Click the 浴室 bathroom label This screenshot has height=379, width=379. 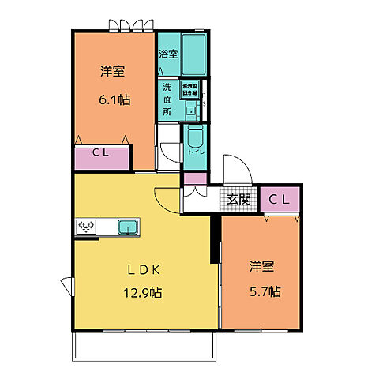(x=167, y=54)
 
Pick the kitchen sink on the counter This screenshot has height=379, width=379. (x=128, y=228)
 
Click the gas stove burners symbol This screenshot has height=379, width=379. (x=86, y=228)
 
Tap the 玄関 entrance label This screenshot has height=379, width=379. (x=239, y=200)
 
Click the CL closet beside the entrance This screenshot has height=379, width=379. (x=280, y=200)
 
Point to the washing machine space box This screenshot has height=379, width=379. (x=189, y=88)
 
